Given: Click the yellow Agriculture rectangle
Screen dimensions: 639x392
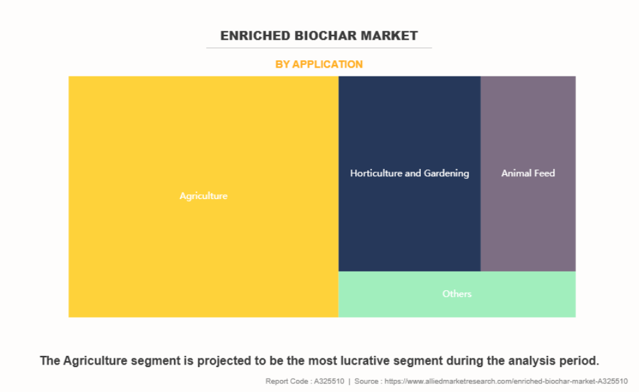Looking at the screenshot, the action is [203, 196].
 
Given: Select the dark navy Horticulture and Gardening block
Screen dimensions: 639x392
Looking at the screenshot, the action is [409, 174].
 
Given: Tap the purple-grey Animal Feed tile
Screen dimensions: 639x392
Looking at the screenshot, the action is [528, 174].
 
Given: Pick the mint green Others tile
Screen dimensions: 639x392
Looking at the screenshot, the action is [457, 294].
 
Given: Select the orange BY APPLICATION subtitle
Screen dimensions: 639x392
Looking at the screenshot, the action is [319, 64].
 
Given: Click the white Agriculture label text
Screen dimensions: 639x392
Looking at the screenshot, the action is [203, 196].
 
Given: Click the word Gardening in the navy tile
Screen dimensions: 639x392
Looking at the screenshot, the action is [446, 174].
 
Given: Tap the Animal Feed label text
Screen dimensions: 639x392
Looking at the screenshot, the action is [528, 174].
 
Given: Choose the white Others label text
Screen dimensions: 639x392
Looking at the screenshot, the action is [457, 293].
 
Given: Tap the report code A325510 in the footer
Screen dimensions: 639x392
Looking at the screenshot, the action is [329, 381].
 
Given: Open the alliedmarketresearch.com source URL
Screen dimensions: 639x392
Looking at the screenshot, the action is [506, 381].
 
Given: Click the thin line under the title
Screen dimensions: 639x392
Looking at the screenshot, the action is [319, 48].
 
